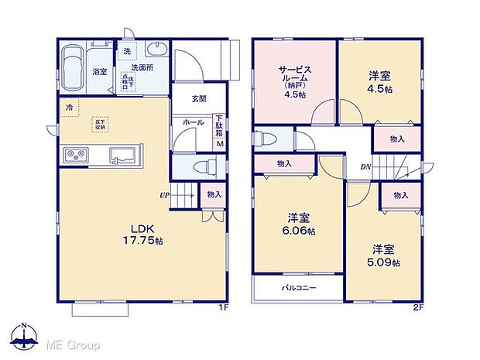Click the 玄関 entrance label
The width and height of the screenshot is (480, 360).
199,99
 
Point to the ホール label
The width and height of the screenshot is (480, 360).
194,123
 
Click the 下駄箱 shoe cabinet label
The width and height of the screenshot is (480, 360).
218,124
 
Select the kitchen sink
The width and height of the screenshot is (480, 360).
122,154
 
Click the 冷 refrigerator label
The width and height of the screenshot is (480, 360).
70,108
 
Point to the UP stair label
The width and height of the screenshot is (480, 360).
165,195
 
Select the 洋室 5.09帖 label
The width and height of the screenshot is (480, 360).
384,256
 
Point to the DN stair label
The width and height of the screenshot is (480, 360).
365,166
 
